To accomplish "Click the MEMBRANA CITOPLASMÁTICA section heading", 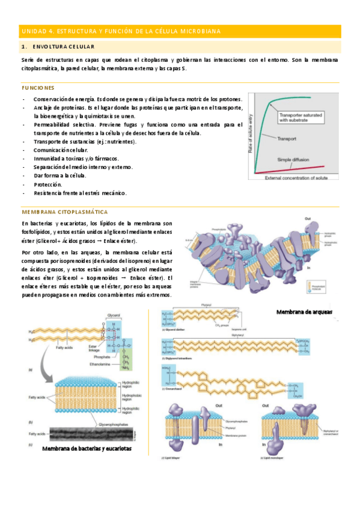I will tap(64, 212).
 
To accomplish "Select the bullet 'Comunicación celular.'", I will tap(61, 150).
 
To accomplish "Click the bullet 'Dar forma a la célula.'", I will tap(60, 176).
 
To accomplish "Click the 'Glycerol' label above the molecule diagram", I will tap(114, 315).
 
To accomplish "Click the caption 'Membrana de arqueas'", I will tap(304, 312).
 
